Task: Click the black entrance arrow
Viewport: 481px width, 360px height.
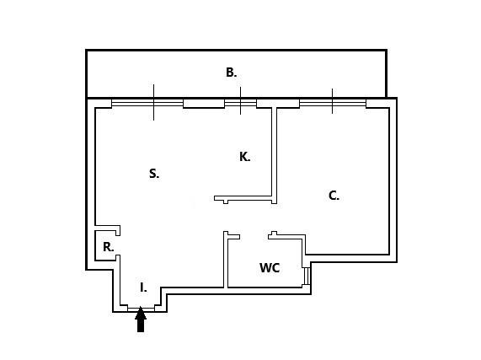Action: point(141,320)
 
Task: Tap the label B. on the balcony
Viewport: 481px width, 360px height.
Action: point(232,73)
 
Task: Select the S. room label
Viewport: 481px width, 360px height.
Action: point(154,174)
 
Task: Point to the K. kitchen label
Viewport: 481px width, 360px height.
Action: point(245,157)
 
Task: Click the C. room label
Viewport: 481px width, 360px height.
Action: point(334,196)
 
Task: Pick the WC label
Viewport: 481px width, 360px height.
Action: point(270,267)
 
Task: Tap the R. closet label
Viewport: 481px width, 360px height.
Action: point(109,247)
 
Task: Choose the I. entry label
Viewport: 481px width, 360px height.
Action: point(143,287)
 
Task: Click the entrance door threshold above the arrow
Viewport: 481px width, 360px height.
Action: point(141,309)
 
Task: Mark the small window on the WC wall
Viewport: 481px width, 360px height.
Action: point(306,276)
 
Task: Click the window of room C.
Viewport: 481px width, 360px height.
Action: point(333,103)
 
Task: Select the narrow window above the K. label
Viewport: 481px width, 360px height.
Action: point(241,103)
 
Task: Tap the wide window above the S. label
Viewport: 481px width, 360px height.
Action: point(147,103)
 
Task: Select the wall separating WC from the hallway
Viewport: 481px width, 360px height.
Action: point(226,260)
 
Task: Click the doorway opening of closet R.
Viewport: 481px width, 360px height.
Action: point(118,245)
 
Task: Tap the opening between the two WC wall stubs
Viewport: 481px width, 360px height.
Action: point(254,237)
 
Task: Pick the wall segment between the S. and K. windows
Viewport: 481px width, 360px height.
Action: point(204,104)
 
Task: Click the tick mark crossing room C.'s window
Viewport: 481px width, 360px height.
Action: point(332,101)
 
